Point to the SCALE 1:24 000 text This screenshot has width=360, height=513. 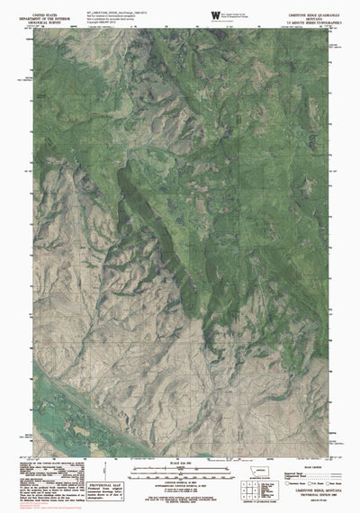pos(179,463)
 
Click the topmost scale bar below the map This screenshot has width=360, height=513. pos(179,469)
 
